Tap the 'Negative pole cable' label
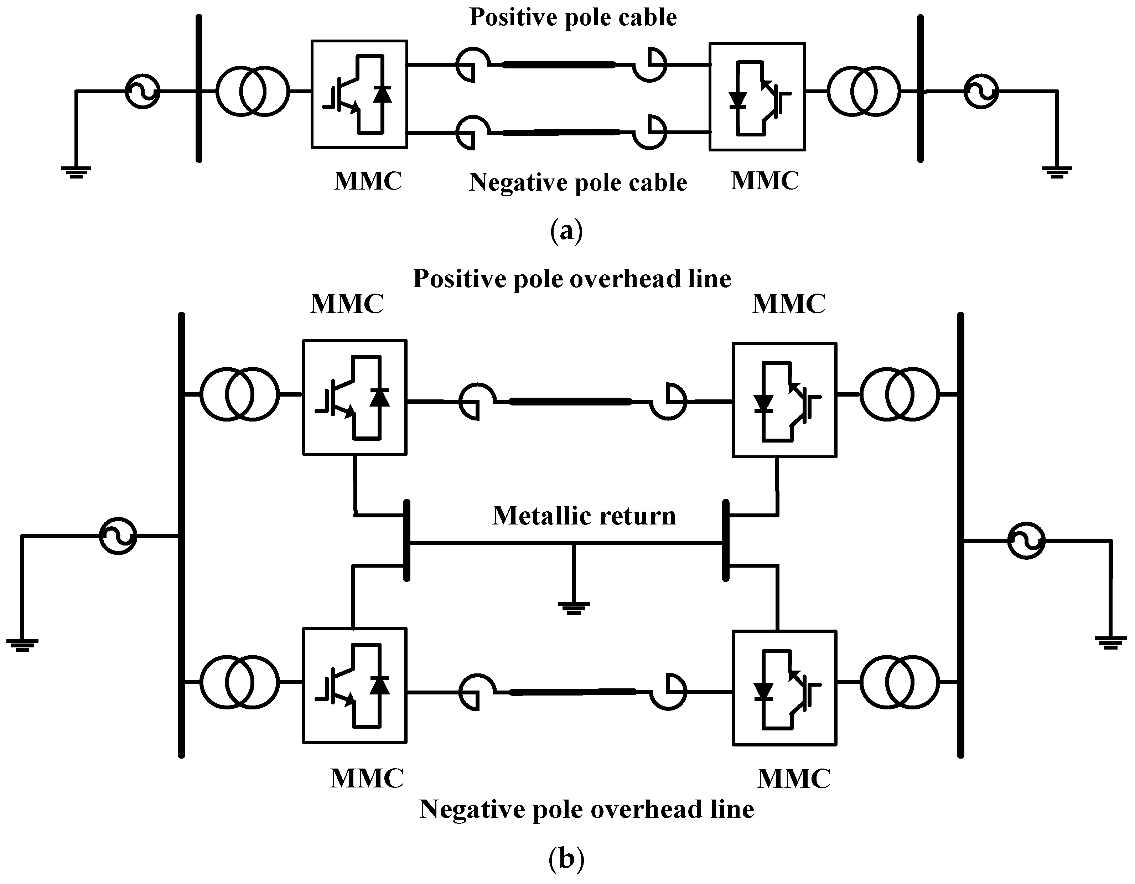[578, 182]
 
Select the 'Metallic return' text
[584, 516]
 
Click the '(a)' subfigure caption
[566, 230]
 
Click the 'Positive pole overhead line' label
[572, 279]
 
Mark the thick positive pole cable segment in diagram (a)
[559, 65]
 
